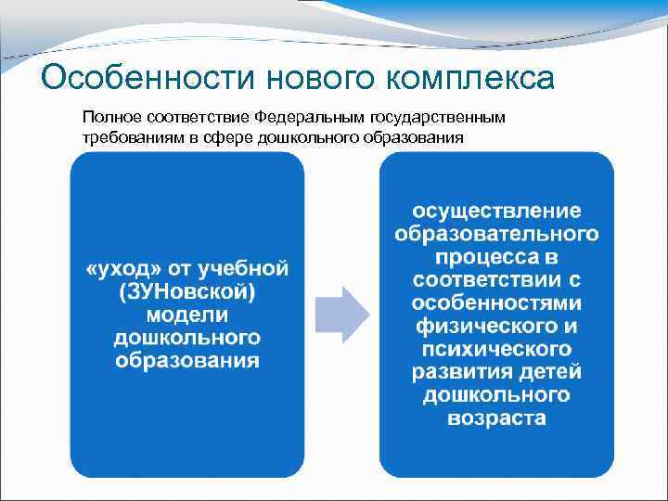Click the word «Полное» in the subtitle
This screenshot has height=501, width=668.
point(109,118)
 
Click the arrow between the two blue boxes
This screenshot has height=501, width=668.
point(342,315)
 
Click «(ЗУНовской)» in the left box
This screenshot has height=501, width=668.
point(187,291)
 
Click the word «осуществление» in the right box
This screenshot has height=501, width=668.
point(496,210)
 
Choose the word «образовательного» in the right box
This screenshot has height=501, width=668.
point(496,233)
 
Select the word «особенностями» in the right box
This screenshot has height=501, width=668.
point(496,303)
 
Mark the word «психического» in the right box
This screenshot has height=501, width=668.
point(496,350)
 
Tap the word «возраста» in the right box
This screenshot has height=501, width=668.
point(496,418)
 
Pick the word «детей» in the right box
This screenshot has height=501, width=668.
point(551,372)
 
